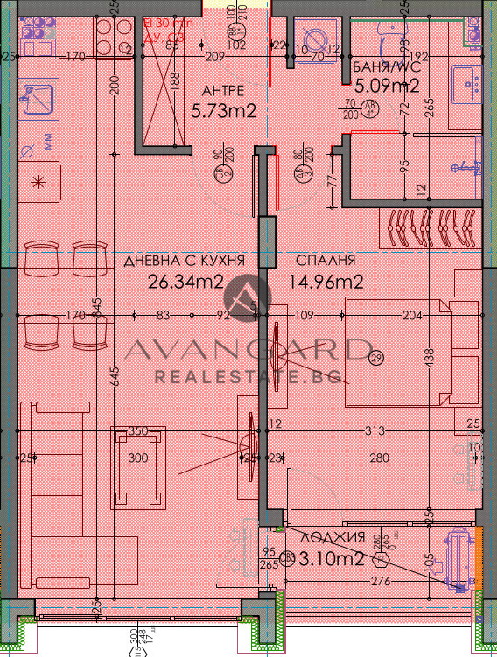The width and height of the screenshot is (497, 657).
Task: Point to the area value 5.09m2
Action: tap(387, 86)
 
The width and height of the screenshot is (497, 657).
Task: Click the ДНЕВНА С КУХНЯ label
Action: tap(178, 262)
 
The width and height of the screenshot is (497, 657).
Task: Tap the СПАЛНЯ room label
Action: tap(325, 262)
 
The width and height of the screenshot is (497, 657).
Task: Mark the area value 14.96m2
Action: tap(325, 282)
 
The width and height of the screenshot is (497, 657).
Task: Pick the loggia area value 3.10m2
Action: tap(332, 557)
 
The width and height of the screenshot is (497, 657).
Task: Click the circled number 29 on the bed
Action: tap(377, 357)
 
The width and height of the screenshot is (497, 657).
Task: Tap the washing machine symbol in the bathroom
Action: tap(314, 38)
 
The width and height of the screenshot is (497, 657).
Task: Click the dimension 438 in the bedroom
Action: tap(429, 357)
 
